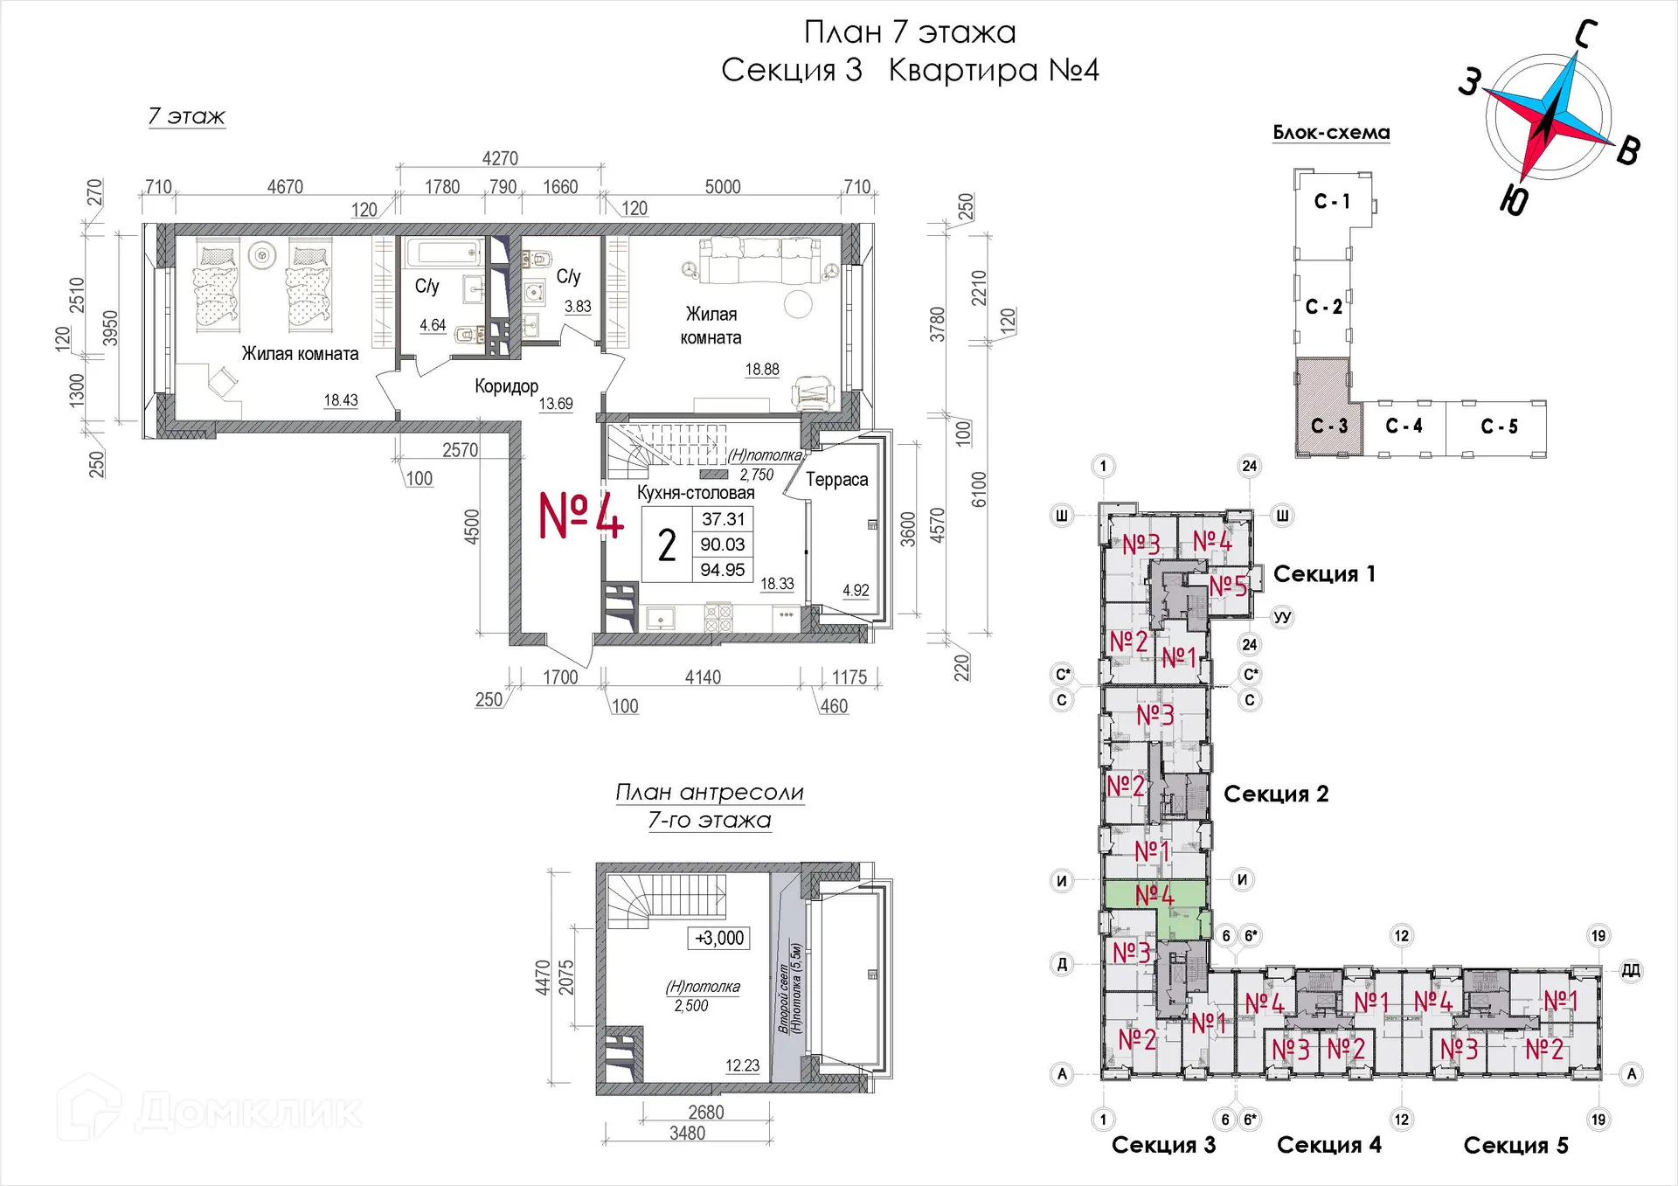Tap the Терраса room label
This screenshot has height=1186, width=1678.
pyautogui.click(x=836, y=480)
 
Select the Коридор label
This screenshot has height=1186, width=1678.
pyautogui.click(x=506, y=385)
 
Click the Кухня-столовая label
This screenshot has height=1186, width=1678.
pyautogui.click(x=696, y=492)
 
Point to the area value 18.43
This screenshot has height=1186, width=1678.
pyautogui.click(x=341, y=400)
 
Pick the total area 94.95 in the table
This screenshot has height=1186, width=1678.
pyautogui.click(x=723, y=570)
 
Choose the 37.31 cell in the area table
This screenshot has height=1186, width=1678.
pyautogui.click(x=724, y=519)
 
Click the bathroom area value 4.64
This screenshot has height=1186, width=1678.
pyautogui.click(x=433, y=325)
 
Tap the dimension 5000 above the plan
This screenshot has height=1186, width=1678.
pyautogui.click(x=723, y=186)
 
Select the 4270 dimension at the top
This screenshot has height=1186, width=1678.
pyautogui.click(x=500, y=158)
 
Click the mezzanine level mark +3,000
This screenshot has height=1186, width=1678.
pyautogui.click(x=719, y=938)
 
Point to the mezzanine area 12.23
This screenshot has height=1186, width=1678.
pyautogui.click(x=742, y=1065)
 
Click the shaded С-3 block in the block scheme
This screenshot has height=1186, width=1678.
pyautogui.click(x=1328, y=406)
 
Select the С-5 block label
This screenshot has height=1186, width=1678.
pyautogui.click(x=1499, y=427)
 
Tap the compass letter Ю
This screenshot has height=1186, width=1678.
pyautogui.click(x=1514, y=201)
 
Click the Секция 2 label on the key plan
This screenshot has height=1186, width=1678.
pyautogui.click(x=1276, y=794)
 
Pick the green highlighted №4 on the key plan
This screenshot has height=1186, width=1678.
pyautogui.click(x=1154, y=895)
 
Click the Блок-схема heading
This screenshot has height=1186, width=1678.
pyautogui.click(x=1331, y=133)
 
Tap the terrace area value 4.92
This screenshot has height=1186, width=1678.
pyautogui.click(x=856, y=590)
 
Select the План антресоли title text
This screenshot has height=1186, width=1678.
pyautogui.click(x=710, y=792)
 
